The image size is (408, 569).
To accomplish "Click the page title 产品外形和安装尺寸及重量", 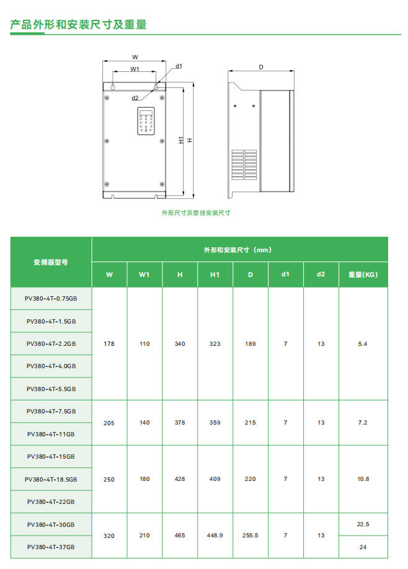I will (x=79, y=25).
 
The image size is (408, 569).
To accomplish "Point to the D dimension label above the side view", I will (x=261, y=67).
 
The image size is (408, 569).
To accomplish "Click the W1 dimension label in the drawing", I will (x=135, y=69).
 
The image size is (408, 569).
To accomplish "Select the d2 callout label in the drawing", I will (x=135, y=98).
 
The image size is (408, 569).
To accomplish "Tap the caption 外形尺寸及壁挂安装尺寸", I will (x=196, y=213).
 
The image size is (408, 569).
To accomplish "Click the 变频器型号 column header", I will (x=51, y=262).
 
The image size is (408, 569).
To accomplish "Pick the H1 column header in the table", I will (x=215, y=275).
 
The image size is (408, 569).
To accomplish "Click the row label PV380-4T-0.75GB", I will (x=51, y=299).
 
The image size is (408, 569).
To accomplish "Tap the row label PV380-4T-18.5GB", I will (x=51, y=479).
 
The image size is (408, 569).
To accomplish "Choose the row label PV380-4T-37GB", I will (x=51, y=547).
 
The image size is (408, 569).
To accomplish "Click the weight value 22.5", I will (x=363, y=524).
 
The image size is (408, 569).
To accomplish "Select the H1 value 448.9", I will (x=215, y=536).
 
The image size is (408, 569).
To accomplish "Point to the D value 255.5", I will (x=251, y=536).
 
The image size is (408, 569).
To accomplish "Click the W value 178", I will (x=109, y=344).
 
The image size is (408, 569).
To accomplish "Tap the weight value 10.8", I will (x=363, y=479).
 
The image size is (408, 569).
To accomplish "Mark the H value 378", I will (x=180, y=423).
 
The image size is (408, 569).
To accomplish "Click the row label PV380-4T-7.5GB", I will (x=51, y=412).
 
